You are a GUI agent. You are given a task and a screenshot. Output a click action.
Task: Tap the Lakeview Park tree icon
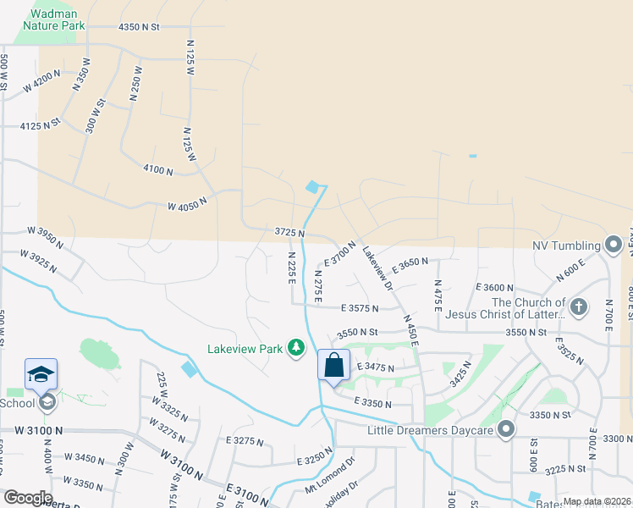tap(295, 348)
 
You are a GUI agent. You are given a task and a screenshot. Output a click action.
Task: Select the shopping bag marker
tap(334, 366)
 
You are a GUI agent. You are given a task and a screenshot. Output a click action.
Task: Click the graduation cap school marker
tap(41, 373)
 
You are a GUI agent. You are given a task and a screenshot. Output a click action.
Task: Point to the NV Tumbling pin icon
tap(614, 246)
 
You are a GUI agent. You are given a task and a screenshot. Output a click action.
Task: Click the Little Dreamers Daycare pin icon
tap(506, 430)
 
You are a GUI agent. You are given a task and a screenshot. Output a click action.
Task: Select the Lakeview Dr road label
tap(377, 270)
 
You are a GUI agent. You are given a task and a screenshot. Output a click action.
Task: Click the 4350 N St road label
tap(139, 27)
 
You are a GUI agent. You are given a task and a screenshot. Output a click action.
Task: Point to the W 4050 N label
tap(187, 206)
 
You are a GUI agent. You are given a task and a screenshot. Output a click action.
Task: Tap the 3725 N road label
tap(289, 231)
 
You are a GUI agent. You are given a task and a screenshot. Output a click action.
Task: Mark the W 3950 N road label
tap(46, 235)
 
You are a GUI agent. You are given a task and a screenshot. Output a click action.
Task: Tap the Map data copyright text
tap(597, 501)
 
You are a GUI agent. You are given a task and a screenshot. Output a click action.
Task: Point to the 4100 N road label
tap(158, 170)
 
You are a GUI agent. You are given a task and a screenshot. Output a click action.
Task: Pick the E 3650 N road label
tap(410, 265)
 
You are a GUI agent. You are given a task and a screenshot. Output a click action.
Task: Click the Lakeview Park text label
tap(246, 348)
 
